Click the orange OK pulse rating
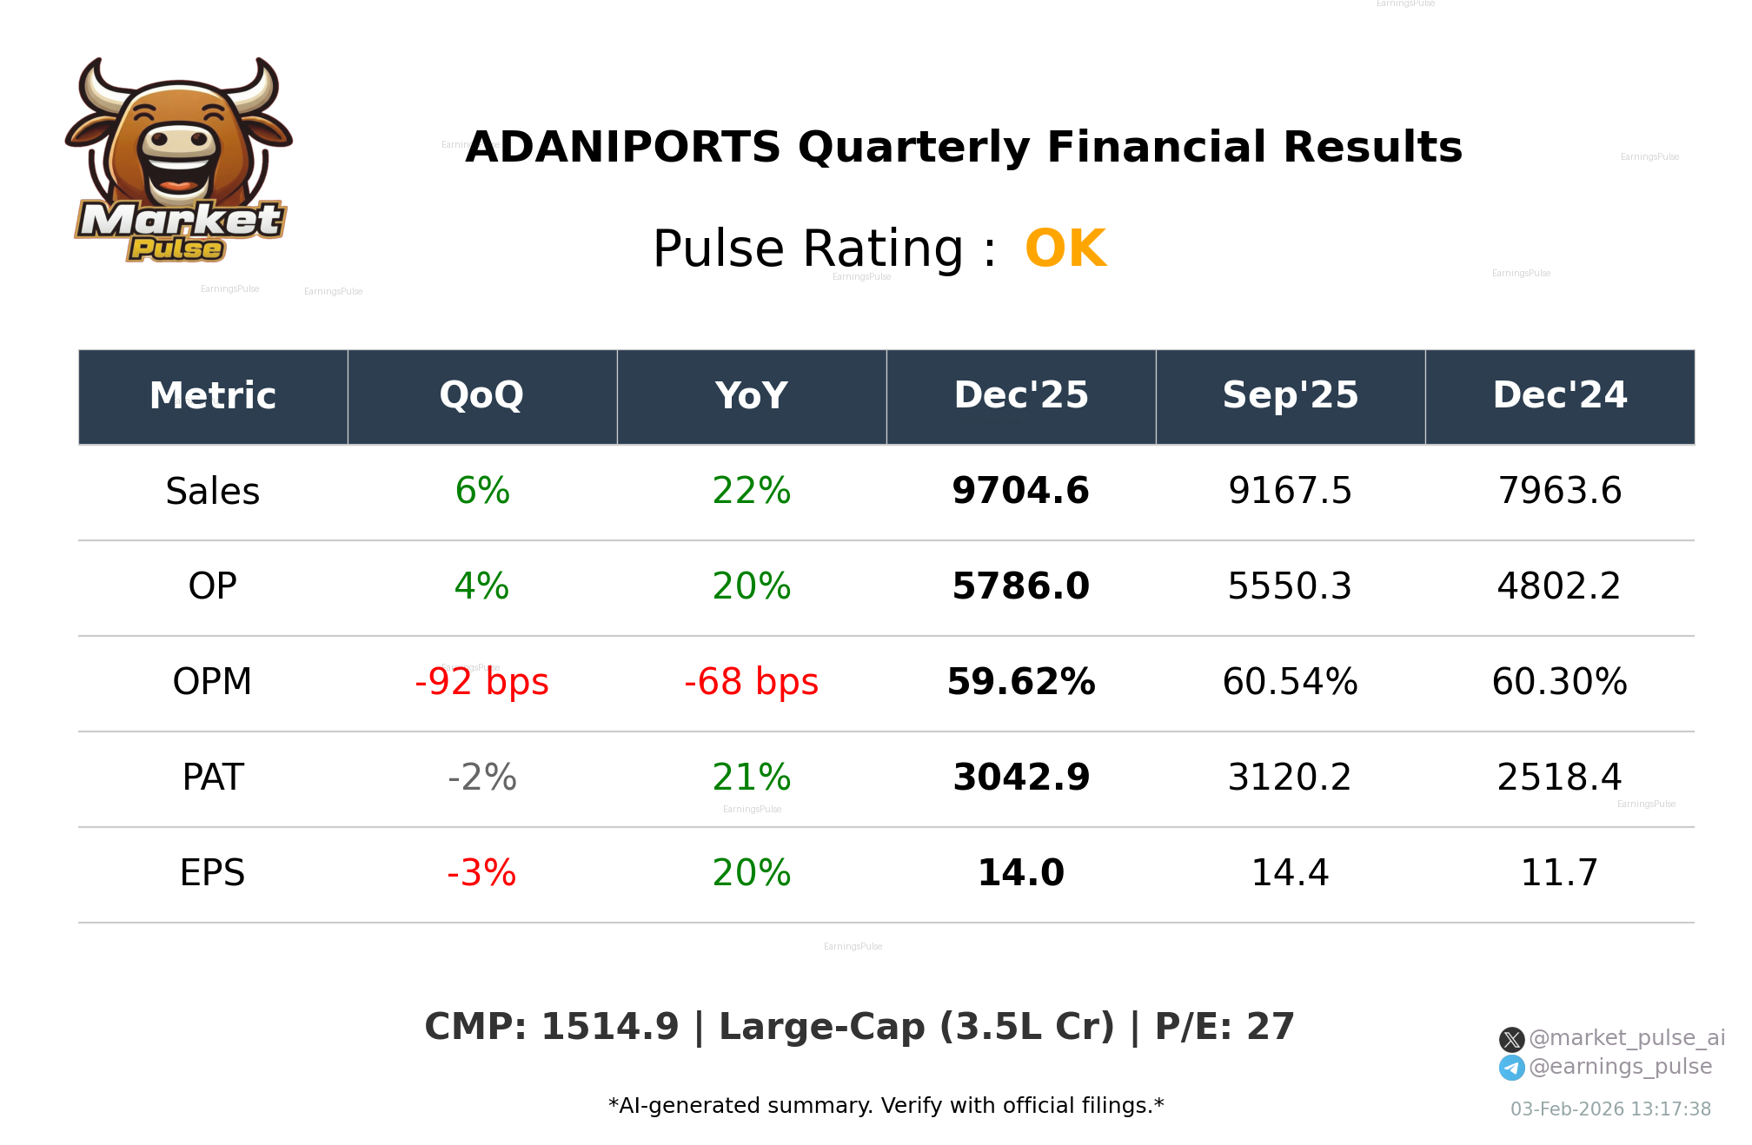(x=1065, y=249)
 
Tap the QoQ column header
(x=481, y=396)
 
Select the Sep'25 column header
(x=1290, y=396)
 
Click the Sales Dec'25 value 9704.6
(x=1020, y=492)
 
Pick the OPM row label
(x=212, y=682)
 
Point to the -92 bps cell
(x=481, y=682)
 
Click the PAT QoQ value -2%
(x=481, y=778)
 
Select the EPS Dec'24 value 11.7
(x=1559, y=873)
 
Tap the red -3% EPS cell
(x=481, y=873)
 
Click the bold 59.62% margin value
(x=1020, y=682)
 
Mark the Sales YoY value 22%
(x=751, y=492)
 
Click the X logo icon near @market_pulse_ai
(x=1511, y=1040)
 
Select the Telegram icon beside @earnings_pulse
(x=1511, y=1069)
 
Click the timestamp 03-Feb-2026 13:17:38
(x=1610, y=1109)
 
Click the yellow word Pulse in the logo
(x=176, y=250)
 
